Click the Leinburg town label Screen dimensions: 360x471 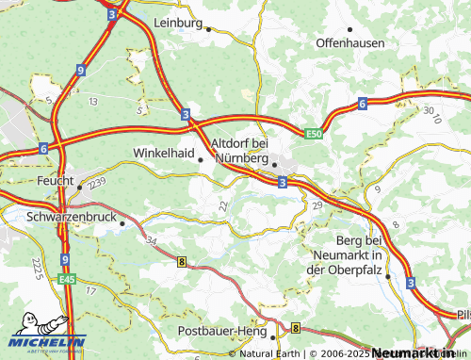pyautogui.click(x=177, y=22)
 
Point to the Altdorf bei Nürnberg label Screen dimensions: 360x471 pyautogui.click(x=241, y=150)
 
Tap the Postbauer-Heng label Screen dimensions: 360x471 pyautogui.click(x=222, y=332)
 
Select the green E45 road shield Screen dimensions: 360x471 pyautogui.click(x=66, y=279)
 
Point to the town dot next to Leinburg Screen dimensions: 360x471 pyautogui.click(x=208, y=29)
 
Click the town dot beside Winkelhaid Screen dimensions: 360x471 pyautogui.click(x=200, y=159)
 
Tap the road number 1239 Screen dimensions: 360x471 pyautogui.click(x=94, y=187)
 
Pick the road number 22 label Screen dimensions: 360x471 pyautogui.click(x=222, y=205)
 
